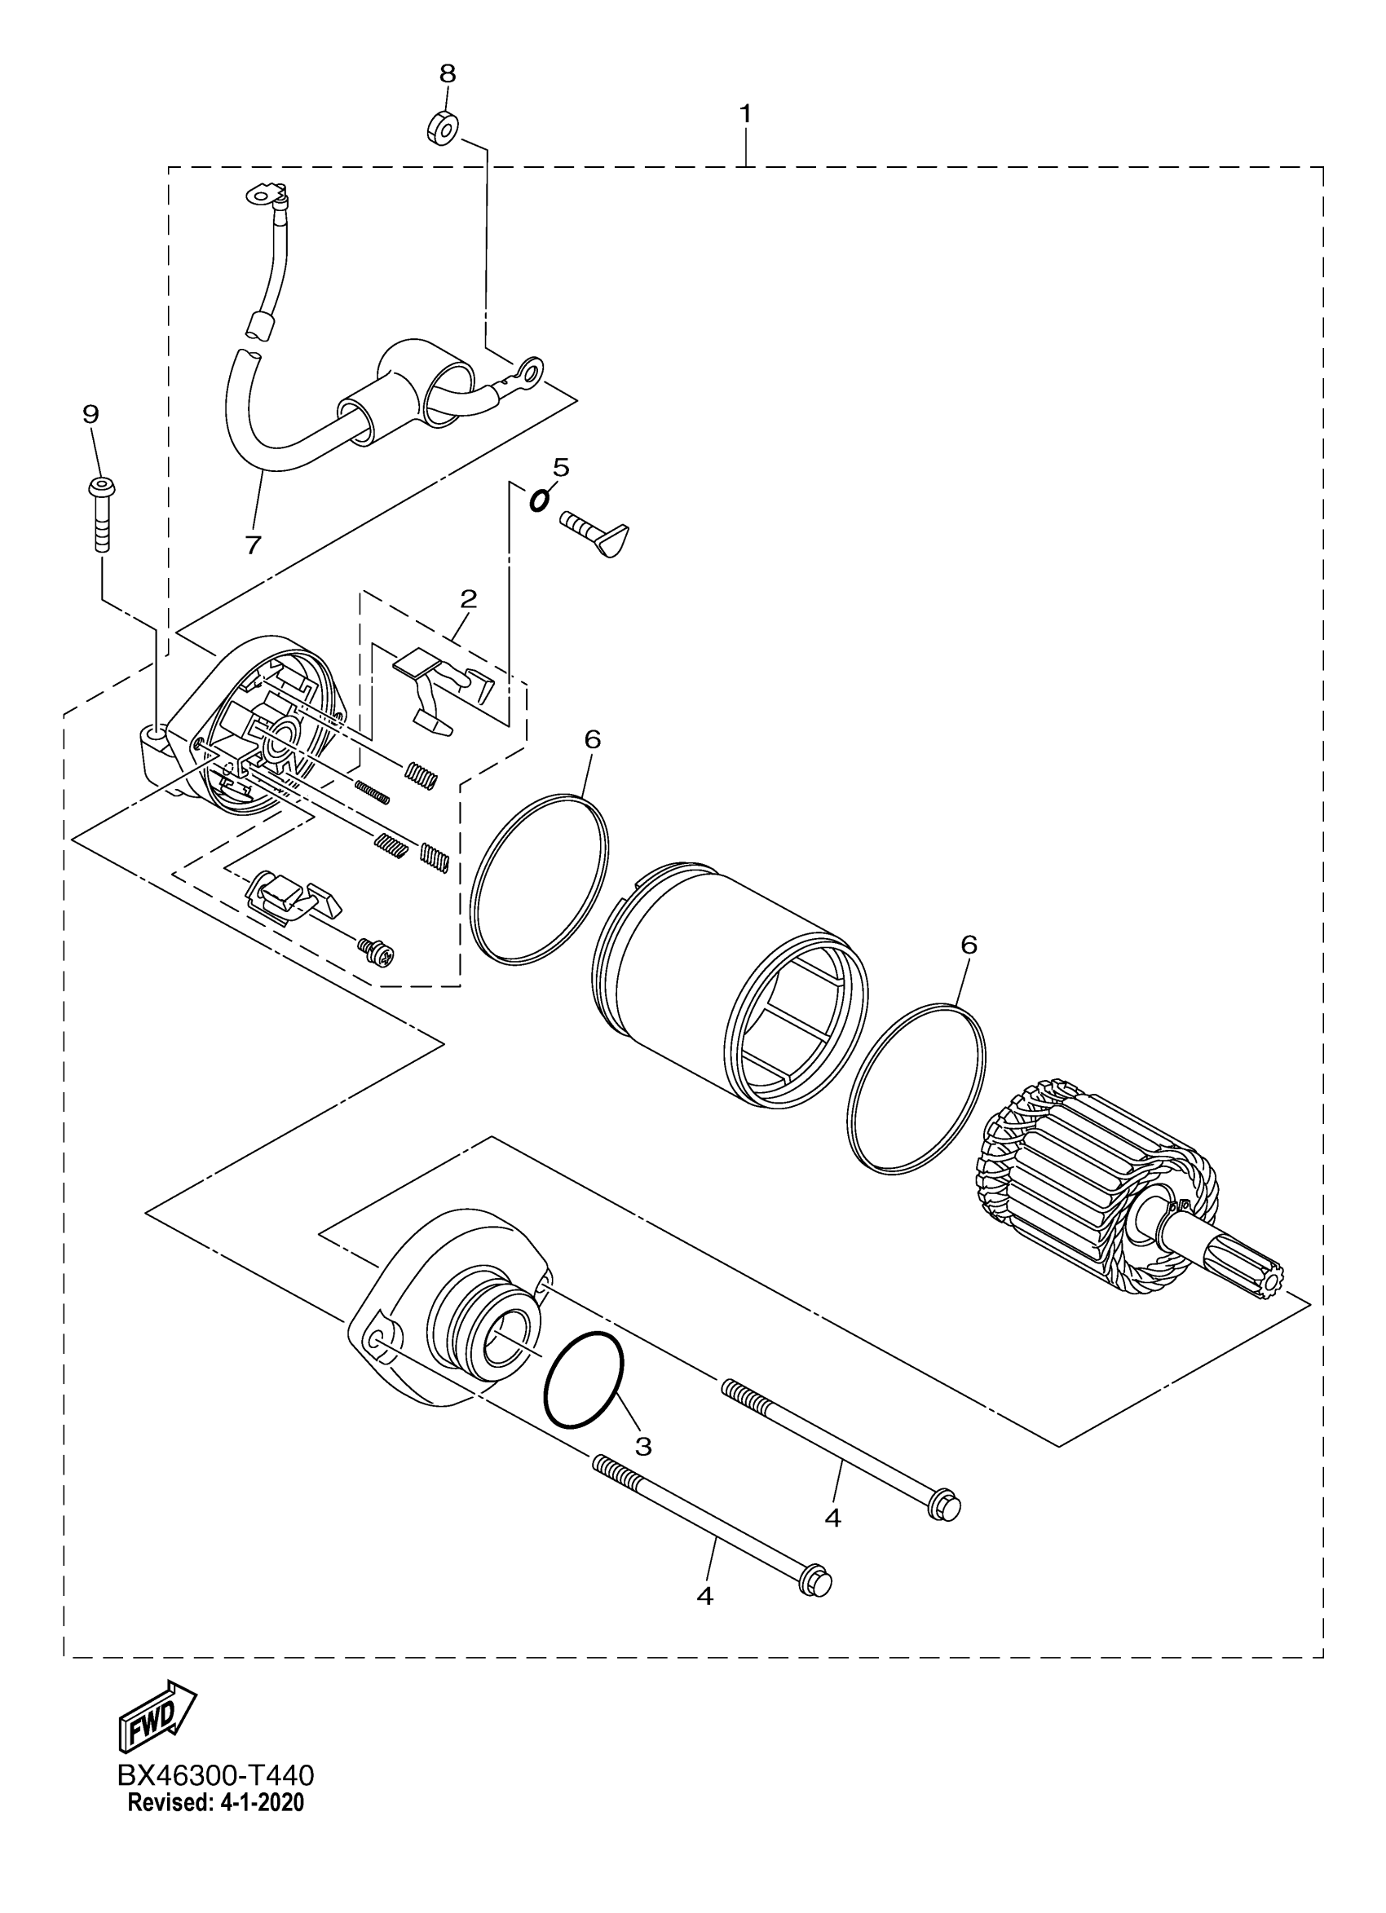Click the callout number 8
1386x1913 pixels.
pos(447,74)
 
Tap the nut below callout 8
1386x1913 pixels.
pos(442,128)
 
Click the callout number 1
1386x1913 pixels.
pos(745,113)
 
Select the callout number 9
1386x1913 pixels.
pos(90,414)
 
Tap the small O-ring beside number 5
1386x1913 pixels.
pos(537,500)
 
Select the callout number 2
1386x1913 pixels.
pos(468,599)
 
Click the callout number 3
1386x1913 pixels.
pos(642,1447)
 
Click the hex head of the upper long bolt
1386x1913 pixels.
pos(944,1506)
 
